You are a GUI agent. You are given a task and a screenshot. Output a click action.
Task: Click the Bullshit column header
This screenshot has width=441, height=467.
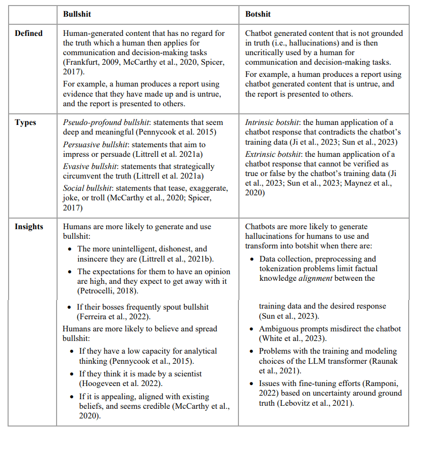click(x=77, y=14)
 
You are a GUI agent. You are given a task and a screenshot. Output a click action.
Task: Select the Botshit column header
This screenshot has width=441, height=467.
click(x=258, y=14)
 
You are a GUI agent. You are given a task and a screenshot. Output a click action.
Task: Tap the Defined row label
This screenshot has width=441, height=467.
click(x=29, y=33)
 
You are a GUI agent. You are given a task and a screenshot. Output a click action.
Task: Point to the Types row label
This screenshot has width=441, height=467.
click(x=25, y=122)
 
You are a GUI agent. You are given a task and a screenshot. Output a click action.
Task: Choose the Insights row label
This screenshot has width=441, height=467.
click(x=29, y=227)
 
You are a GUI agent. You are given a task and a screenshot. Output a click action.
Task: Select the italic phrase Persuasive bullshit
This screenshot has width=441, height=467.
click(x=91, y=144)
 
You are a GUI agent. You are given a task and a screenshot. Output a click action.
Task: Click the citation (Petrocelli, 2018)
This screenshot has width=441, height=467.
click(x=107, y=290)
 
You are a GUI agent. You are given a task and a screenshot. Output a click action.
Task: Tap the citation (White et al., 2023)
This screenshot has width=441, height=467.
click(x=293, y=338)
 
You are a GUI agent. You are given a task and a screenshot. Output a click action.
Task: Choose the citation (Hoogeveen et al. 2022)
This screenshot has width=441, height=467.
click(x=116, y=383)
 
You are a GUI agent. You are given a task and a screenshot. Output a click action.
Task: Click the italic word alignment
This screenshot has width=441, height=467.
click(x=315, y=278)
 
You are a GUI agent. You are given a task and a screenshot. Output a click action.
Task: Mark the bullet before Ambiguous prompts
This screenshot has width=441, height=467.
click(x=253, y=329)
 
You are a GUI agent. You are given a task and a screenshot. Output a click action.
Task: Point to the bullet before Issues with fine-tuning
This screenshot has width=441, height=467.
click(x=253, y=384)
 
